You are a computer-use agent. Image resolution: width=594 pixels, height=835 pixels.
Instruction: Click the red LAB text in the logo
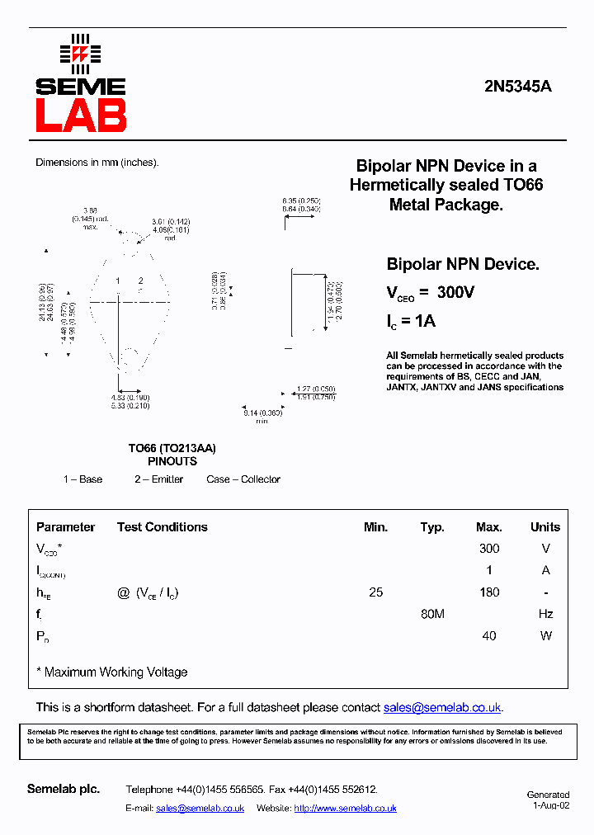click(x=80, y=116)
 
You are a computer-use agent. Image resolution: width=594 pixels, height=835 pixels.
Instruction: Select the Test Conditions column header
click(x=162, y=527)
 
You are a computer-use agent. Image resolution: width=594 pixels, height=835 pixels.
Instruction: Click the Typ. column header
click(x=432, y=527)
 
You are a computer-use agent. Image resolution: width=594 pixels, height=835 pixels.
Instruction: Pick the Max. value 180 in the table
click(x=489, y=592)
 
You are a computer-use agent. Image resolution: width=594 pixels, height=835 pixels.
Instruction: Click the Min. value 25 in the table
click(x=375, y=592)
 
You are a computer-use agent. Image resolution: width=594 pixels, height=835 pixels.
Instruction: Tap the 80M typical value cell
click(x=432, y=614)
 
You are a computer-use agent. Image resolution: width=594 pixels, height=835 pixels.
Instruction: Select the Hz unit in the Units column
click(x=545, y=614)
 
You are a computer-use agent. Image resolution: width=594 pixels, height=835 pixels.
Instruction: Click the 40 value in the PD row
click(x=489, y=635)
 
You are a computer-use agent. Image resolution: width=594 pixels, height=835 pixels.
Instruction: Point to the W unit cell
click(x=545, y=635)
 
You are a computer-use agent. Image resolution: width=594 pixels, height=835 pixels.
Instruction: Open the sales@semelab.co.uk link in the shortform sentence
click(x=442, y=708)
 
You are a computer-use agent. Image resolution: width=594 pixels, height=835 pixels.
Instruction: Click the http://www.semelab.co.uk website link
click(x=345, y=809)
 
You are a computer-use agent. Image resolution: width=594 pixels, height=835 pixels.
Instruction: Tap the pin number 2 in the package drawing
click(x=141, y=281)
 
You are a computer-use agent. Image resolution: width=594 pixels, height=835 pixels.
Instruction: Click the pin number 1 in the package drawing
click(x=118, y=281)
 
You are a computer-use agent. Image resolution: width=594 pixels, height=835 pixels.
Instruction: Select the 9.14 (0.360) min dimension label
click(x=263, y=413)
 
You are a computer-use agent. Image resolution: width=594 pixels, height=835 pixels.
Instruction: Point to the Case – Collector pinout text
click(x=243, y=479)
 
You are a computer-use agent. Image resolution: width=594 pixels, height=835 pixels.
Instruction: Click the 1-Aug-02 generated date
click(x=550, y=805)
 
